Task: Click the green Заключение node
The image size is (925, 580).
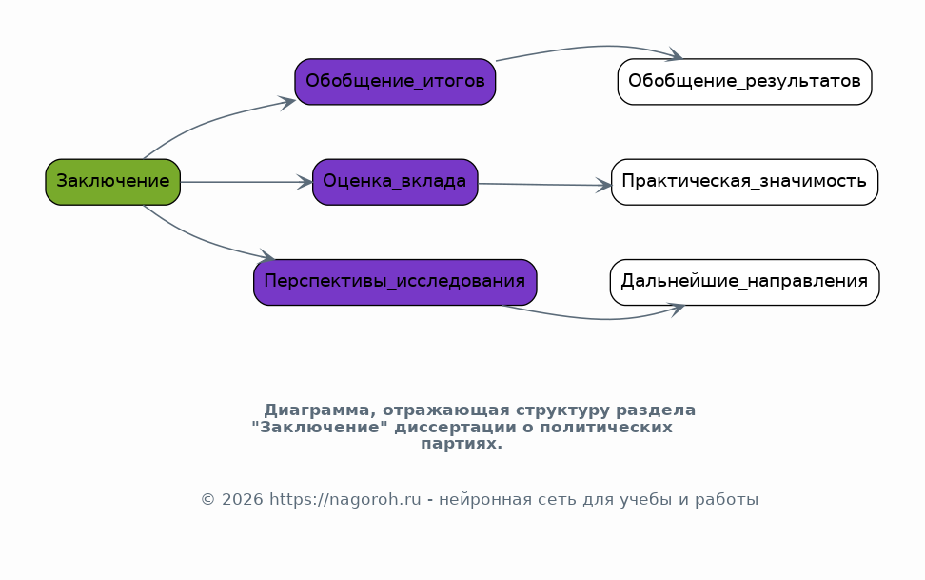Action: click(x=112, y=182)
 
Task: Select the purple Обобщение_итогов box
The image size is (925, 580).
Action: click(x=395, y=82)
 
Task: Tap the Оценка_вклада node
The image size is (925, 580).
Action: click(x=395, y=182)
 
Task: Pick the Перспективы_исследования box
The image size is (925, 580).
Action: click(x=395, y=282)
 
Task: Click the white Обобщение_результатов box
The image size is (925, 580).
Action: click(x=744, y=82)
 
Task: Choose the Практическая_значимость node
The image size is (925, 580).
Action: click(x=744, y=182)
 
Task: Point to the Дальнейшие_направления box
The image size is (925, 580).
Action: click(x=744, y=282)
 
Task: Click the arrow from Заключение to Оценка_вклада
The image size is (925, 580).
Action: click(x=246, y=182)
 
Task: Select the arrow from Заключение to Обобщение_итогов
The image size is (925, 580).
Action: click(x=209, y=122)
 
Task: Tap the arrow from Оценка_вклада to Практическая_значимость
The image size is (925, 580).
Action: click(x=545, y=185)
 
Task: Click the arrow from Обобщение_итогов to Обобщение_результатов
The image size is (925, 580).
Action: click(x=596, y=47)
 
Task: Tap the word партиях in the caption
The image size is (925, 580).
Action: click(x=462, y=444)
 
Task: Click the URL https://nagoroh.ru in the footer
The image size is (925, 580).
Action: click(x=345, y=500)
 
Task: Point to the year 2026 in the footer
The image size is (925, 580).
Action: click(x=243, y=500)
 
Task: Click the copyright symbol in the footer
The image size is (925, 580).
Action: click(x=207, y=500)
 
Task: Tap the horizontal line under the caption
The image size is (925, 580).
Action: click(x=480, y=470)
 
